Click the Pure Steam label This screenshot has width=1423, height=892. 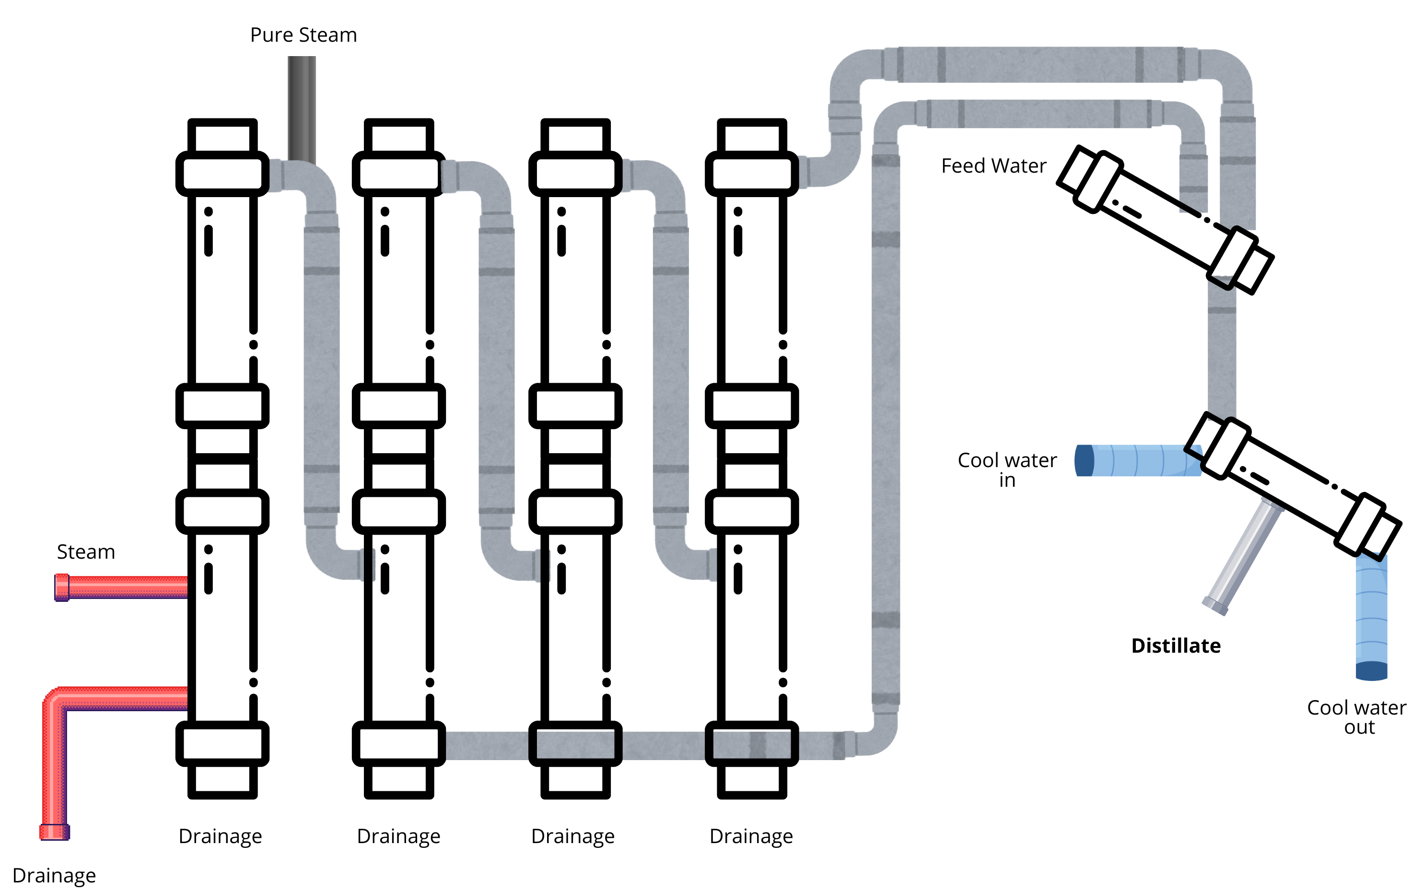pyautogui.click(x=303, y=35)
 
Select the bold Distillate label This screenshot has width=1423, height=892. pyautogui.click(x=1175, y=646)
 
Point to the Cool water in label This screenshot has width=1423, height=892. pyautogui.click(x=1007, y=469)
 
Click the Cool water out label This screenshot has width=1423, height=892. pyautogui.click(x=1356, y=717)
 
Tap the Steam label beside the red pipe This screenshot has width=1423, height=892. pyautogui.click(x=85, y=552)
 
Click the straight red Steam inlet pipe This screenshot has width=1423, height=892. pyautogui.click(x=127, y=587)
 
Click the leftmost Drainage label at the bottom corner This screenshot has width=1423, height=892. pyautogui.click(x=54, y=875)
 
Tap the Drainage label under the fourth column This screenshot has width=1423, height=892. pyautogui.click(x=751, y=836)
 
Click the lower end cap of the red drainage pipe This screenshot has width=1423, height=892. pyautogui.click(x=54, y=832)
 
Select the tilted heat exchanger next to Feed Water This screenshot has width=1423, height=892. pyautogui.click(x=1165, y=220)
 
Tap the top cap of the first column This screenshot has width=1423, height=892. pyautogui.click(x=222, y=136)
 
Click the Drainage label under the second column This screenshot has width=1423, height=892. pyautogui.click(x=398, y=836)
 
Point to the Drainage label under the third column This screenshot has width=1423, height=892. pyautogui.click(x=572, y=836)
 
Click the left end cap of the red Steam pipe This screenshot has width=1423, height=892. pyautogui.click(x=61, y=587)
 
